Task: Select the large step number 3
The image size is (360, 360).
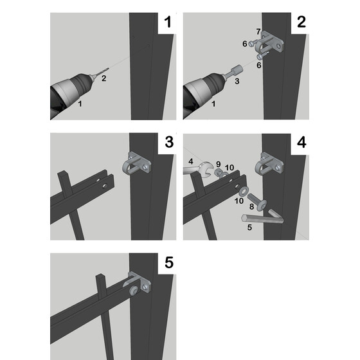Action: click(168, 143)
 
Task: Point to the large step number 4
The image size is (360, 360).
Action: click(301, 143)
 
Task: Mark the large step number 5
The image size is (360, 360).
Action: click(168, 263)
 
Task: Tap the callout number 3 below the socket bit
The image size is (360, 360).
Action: click(237, 82)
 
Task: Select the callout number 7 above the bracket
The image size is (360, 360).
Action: click(258, 31)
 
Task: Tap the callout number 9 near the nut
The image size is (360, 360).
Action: click(218, 164)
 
